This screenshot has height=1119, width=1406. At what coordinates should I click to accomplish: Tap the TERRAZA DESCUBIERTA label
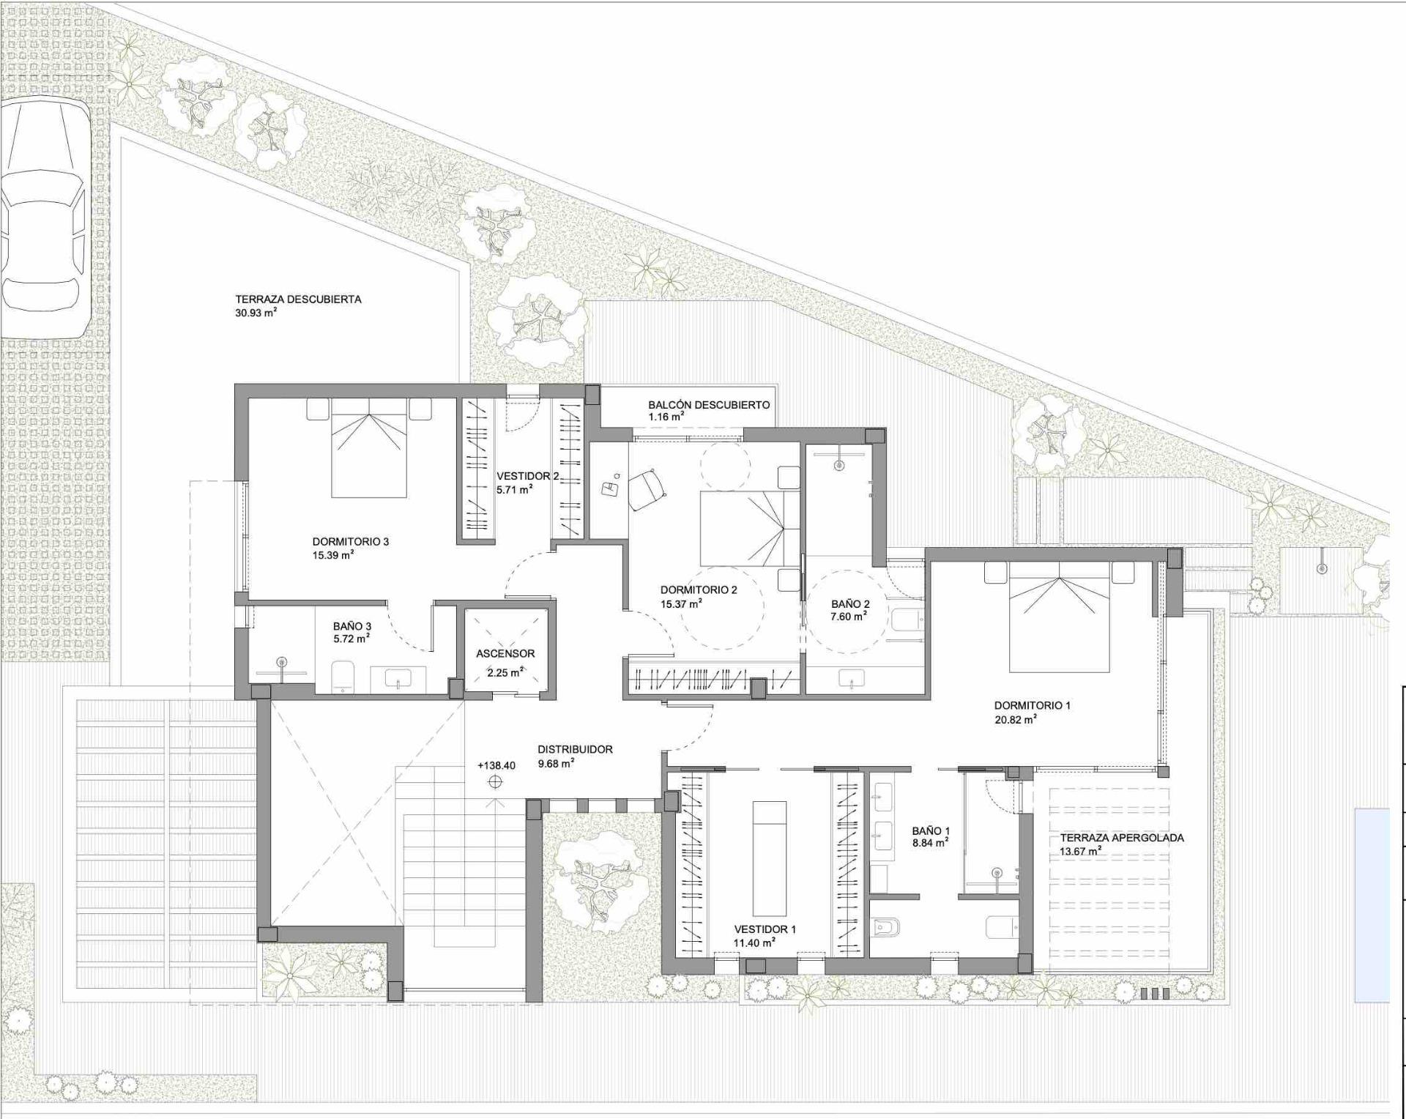pos(298,299)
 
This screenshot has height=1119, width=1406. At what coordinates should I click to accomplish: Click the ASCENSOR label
pos(505,653)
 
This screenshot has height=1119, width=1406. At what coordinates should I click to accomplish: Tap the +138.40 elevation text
pos(496,765)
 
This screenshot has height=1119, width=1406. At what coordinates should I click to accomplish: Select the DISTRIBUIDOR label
pos(575,749)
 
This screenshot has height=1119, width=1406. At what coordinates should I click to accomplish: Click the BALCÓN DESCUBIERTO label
pos(709,404)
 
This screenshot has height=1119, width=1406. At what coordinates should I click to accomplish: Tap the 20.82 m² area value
pos(1015,719)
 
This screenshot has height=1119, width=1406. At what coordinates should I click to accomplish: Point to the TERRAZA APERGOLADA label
pos(1122,838)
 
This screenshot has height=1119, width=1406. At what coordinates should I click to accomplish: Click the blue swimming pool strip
pos(1372,905)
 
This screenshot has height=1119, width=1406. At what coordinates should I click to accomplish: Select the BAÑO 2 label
pos(850,604)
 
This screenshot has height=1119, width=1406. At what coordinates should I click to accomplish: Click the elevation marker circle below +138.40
pos(495,782)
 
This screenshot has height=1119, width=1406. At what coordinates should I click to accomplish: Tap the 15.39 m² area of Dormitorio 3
pos(333,554)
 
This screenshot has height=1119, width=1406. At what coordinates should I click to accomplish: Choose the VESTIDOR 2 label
pos(528,476)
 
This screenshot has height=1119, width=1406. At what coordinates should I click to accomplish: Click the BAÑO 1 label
pos(931,831)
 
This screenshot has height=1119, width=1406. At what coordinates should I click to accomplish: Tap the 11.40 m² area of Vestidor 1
pos(755,943)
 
